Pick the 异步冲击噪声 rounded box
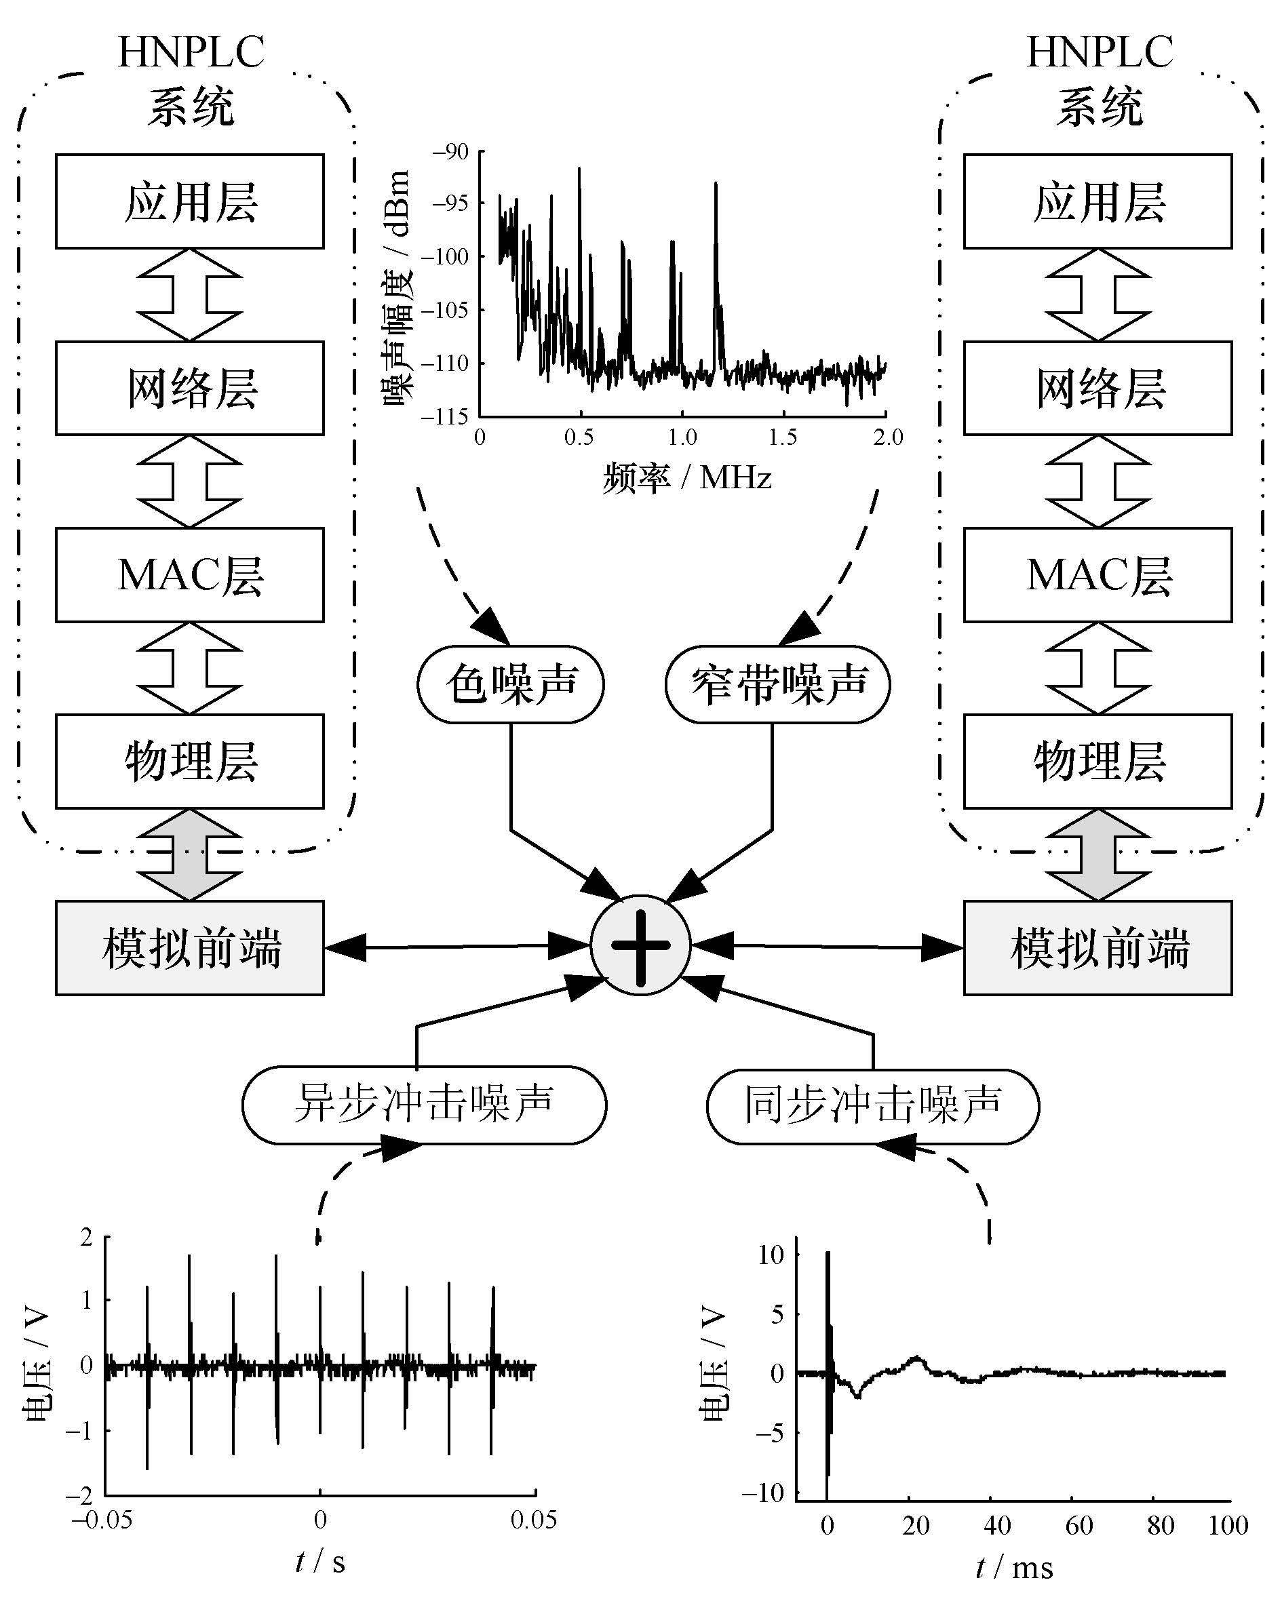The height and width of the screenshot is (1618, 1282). (424, 1105)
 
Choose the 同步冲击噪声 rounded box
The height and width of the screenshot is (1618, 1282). (873, 1105)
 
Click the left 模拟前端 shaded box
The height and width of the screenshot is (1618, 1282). (190, 948)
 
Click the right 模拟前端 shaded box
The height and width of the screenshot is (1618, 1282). (1098, 948)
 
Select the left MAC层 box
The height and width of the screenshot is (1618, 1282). (190, 575)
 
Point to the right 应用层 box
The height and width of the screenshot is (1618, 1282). (1098, 201)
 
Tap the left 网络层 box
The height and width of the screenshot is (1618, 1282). (190, 388)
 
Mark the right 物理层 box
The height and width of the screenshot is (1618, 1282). (1098, 761)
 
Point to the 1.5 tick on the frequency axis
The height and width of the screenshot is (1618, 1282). (783, 437)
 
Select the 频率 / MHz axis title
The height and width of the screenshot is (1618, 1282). (686, 478)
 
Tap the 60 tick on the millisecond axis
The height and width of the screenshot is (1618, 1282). (1078, 1526)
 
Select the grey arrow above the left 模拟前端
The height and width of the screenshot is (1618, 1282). (190, 855)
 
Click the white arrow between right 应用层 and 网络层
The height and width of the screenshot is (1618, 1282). (1098, 295)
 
